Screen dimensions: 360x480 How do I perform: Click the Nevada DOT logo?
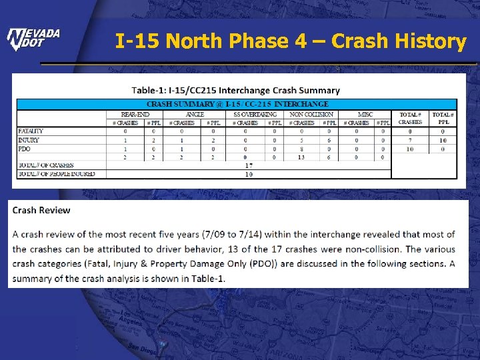pyautogui.click(x=33, y=39)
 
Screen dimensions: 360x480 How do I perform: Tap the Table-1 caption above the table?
pyautogui.click(x=235, y=90)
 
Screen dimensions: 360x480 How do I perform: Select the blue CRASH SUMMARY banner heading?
pyautogui.click(x=237, y=104)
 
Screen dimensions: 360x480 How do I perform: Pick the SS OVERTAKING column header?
pyautogui.click(x=256, y=114)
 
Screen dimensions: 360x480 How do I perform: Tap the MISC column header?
pyautogui.click(x=365, y=114)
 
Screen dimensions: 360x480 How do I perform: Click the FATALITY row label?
pyautogui.click(x=29, y=131)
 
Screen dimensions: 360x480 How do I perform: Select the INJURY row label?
pyautogui.click(x=28, y=140)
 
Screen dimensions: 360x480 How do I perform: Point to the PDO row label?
pyautogui.click(x=24, y=149)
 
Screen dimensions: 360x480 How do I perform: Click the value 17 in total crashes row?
pyautogui.click(x=249, y=165)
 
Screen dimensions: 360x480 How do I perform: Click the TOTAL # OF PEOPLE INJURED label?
pyautogui.click(x=57, y=174)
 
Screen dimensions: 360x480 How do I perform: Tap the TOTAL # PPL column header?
pyautogui.click(x=443, y=118)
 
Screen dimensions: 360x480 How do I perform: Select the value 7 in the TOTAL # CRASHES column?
pyautogui.click(x=411, y=140)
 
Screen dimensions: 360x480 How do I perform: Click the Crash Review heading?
pyautogui.click(x=41, y=210)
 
